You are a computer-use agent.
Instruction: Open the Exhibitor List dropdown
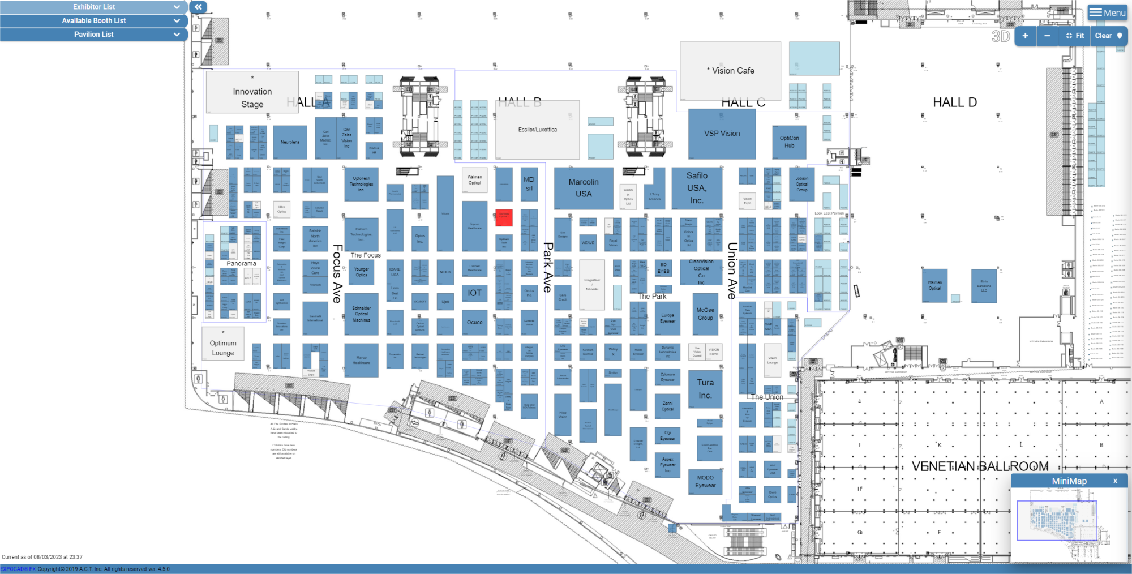coord(93,7)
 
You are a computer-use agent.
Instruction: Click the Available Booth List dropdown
coord(93,20)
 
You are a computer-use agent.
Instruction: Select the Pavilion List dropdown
coord(93,34)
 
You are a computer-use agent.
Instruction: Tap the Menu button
coord(1107,12)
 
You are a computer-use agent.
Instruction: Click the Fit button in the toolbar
coord(1075,36)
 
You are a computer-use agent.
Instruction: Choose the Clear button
coord(1108,36)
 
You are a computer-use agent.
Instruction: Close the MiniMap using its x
coord(1115,481)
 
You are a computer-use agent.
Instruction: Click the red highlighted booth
coord(504,217)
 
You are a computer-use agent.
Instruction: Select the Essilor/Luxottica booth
coord(537,130)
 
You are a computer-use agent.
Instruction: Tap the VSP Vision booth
coord(722,134)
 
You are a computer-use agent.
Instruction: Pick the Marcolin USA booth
coord(584,188)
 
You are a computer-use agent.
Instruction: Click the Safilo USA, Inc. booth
coord(697,188)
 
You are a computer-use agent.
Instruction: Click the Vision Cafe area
coord(730,71)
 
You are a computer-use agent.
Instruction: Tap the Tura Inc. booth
coord(705,389)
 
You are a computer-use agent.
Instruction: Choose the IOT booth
coord(474,293)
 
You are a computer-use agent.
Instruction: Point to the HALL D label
coord(954,102)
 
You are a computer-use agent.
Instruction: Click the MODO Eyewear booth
coord(705,482)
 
